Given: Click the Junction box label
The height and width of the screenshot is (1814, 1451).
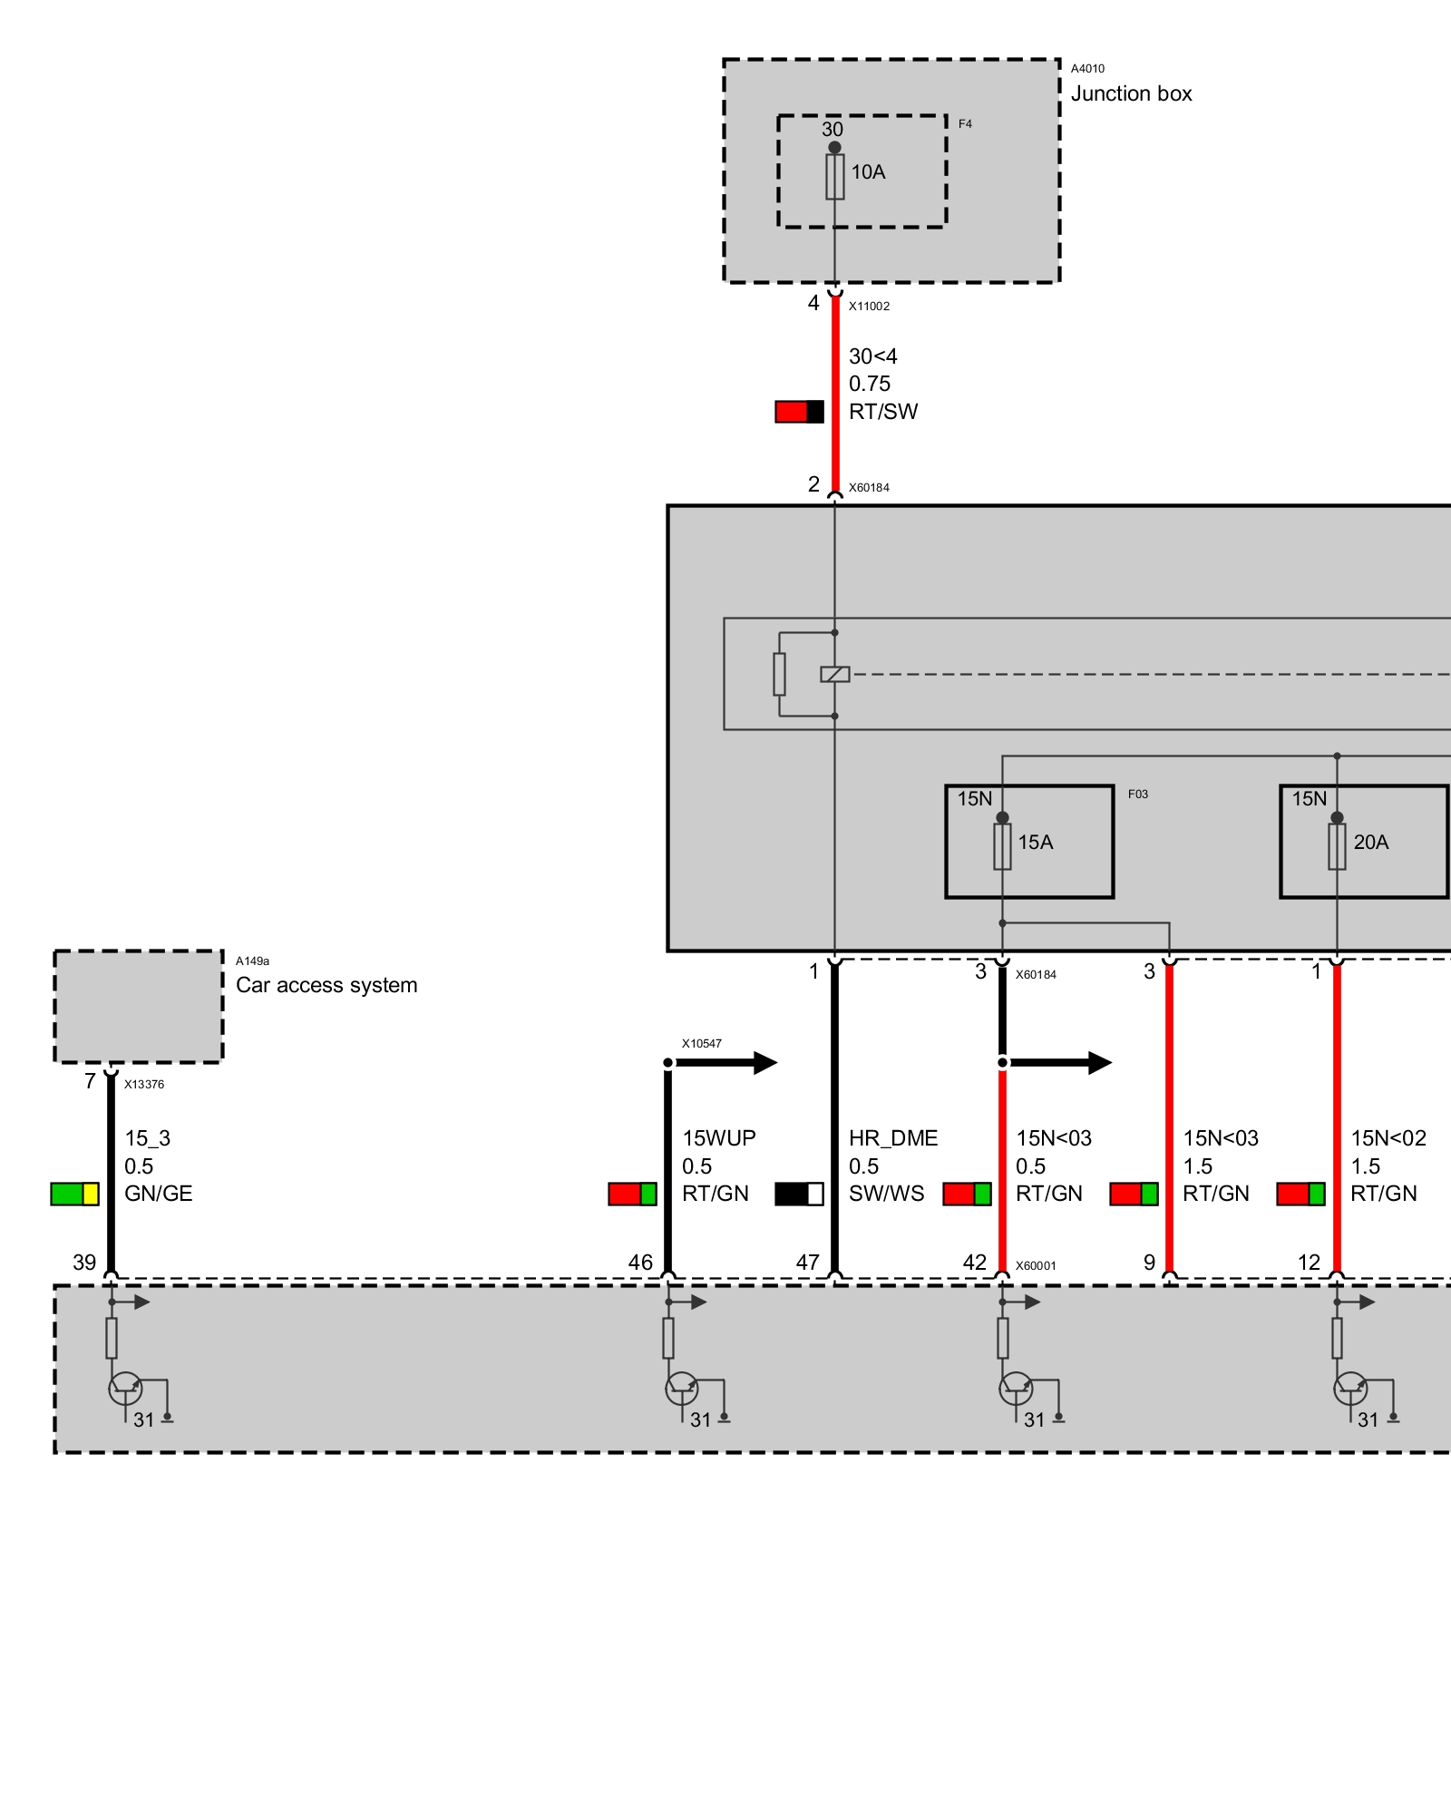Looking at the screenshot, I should point(1131,93).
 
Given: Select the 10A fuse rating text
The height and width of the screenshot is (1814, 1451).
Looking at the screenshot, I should point(868,171).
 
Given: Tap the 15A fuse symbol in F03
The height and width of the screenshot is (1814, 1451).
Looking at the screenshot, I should point(1002,845).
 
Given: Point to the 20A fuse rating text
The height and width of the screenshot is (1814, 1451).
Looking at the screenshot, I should point(1370,842).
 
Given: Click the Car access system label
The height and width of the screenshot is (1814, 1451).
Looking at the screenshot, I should point(326,985).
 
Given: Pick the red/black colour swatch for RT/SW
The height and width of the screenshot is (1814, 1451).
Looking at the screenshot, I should point(799,412).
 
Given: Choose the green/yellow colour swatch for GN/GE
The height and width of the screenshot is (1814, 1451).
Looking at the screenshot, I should point(74,1194).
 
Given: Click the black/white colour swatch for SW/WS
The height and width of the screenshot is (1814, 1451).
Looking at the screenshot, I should point(799,1194).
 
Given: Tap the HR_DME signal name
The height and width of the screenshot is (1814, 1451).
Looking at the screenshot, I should point(892,1138).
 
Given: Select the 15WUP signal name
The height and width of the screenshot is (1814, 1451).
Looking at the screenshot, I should point(718,1138).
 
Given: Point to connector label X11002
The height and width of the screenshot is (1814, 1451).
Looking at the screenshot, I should point(869,307).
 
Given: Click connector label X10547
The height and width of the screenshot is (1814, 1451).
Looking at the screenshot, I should point(702,1044).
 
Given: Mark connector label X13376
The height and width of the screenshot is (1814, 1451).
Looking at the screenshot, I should point(144,1085).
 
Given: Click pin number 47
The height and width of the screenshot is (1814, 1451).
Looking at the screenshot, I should point(807,1263).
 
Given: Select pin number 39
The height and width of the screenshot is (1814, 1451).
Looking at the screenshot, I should point(84,1263).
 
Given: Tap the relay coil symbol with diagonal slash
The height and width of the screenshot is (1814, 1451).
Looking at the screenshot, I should point(834,674).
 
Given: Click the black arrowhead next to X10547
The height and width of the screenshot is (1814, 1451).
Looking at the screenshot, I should point(764,1062).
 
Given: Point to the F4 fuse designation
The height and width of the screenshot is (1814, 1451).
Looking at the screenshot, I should point(965,124).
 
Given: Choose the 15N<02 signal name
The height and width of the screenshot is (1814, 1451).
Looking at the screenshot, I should point(1388,1138).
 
